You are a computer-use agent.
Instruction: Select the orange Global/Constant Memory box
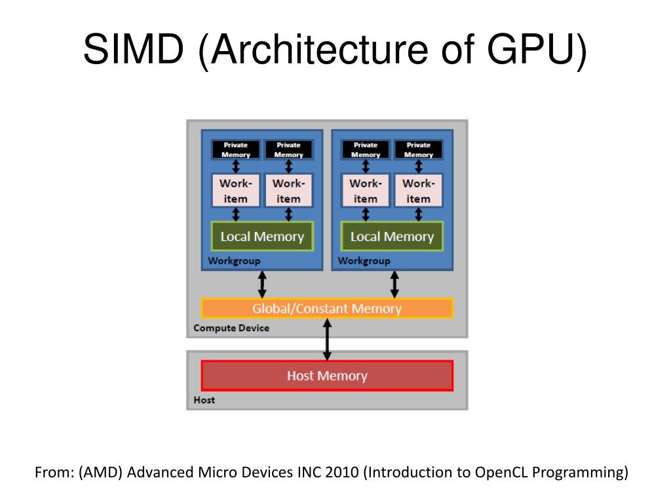click(x=327, y=308)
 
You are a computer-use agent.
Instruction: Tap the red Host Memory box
click(x=327, y=376)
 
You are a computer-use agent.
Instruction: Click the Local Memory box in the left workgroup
click(x=262, y=236)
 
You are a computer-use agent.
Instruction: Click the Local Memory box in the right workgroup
click(x=392, y=236)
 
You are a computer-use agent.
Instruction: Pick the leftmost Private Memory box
click(x=236, y=150)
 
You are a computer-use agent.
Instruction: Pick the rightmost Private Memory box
click(x=418, y=150)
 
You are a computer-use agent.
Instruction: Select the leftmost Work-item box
click(x=236, y=191)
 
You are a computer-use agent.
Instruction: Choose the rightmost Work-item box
click(x=418, y=191)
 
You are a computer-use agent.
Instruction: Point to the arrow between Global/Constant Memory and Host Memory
click(x=327, y=339)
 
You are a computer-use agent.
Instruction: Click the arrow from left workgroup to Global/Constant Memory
click(x=262, y=284)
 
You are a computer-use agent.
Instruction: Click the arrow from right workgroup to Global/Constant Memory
click(x=394, y=284)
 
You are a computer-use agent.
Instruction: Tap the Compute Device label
click(x=231, y=327)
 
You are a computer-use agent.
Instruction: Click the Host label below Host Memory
click(x=204, y=400)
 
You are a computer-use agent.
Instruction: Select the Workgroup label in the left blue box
click(x=234, y=261)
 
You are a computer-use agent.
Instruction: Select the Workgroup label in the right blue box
click(x=364, y=261)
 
